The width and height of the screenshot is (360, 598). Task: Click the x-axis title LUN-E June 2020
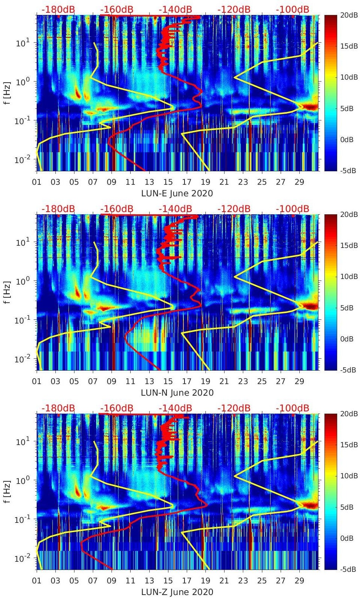click(177, 193)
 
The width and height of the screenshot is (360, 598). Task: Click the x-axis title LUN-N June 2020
click(177, 393)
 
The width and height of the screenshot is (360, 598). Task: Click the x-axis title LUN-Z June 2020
click(177, 592)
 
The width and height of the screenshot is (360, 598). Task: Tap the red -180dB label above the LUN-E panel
click(58, 9)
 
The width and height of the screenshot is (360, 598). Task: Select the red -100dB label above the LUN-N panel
click(292, 209)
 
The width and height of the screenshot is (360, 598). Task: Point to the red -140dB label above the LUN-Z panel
click(175, 408)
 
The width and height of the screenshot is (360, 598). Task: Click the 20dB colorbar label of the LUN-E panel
click(350, 15)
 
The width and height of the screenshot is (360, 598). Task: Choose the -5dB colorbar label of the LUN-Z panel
click(348, 569)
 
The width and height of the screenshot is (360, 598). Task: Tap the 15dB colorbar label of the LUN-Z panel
click(350, 445)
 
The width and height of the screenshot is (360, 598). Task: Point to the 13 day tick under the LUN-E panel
click(149, 182)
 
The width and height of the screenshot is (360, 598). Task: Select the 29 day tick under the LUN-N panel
click(299, 381)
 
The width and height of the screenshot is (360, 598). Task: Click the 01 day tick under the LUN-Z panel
click(37, 581)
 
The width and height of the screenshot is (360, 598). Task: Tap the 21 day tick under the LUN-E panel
click(224, 182)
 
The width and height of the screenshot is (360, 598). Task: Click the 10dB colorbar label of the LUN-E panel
click(350, 77)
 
